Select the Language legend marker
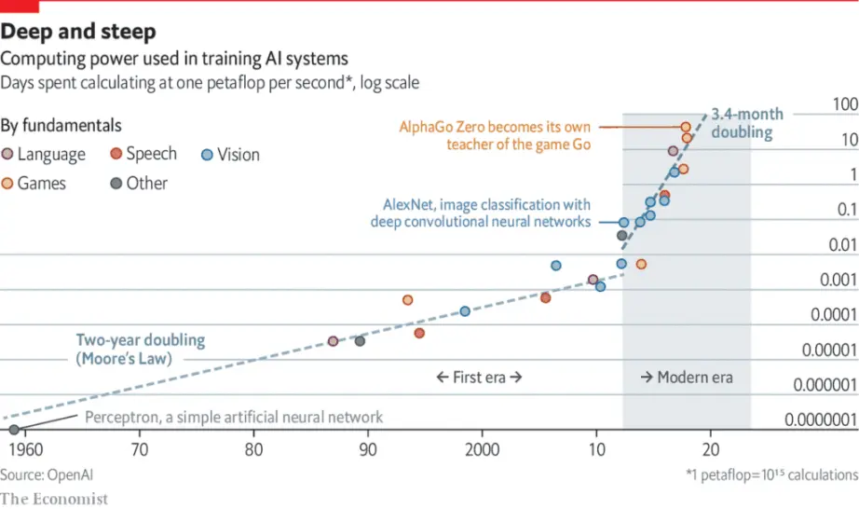[x=8, y=155]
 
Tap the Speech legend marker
[x=116, y=155]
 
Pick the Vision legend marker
[x=207, y=155]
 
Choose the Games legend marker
[x=8, y=184]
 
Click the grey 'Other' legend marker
[x=116, y=184]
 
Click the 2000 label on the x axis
[x=483, y=447]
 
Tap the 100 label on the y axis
[x=844, y=103]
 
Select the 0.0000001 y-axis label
[x=821, y=420]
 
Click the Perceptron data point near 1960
[x=14, y=430]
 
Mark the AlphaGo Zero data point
[x=686, y=127]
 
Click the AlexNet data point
[x=623, y=223]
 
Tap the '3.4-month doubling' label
[x=746, y=123]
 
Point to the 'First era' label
[x=479, y=378]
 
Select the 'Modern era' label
[x=687, y=378]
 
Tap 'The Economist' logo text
[x=54, y=499]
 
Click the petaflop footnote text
[x=769, y=474]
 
